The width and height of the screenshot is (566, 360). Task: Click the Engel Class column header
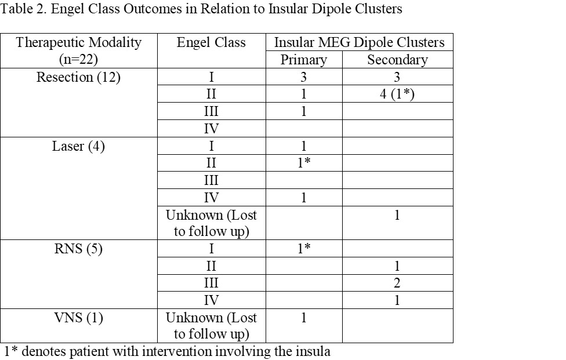[x=211, y=42]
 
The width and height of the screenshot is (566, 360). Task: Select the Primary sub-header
[x=303, y=60]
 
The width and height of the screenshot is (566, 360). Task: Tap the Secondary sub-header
[x=397, y=60]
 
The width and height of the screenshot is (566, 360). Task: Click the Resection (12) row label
[x=78, y=77]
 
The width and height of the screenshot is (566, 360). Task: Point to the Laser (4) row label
[x=78, y=146]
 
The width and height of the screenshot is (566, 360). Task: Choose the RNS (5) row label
[x=78, y=249]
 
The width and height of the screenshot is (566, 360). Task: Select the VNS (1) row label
[x=78, y=318]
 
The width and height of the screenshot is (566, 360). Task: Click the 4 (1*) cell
[x=397, y=94]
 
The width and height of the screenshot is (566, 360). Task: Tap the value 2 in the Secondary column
[x=397, y=283]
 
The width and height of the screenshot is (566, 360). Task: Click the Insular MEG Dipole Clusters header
[x=359, y=42]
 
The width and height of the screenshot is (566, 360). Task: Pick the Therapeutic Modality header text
[x=79, y=42]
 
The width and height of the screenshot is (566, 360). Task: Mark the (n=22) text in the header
[x=78, y=60]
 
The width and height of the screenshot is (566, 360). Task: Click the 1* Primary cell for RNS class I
[x=304, y=248]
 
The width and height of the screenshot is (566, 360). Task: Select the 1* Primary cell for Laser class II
[x=304, y=163]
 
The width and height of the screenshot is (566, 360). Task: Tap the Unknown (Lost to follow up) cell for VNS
[x=211, y=325]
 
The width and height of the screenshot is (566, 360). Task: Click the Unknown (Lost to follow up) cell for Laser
[x=211, y=223]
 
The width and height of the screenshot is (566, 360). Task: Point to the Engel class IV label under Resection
[x=211, y=129]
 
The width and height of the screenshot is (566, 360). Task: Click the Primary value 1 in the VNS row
[x=303, y=318]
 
